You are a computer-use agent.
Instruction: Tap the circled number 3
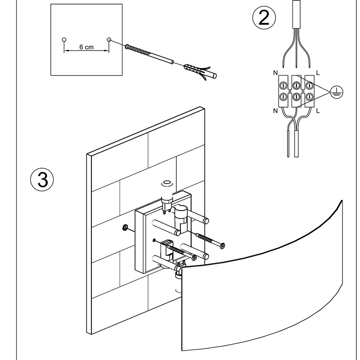tap(41, 180)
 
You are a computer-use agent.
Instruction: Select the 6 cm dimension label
tap(86, 47)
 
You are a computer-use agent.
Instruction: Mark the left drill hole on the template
tap(64, 40)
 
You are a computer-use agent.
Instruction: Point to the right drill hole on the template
tap(108, 40)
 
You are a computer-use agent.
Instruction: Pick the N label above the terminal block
tap(274, 72)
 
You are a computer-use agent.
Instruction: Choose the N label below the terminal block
tap(274, 110)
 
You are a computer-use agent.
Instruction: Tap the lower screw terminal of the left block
tap(284, 96)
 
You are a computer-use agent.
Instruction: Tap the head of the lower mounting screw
tap(194, 258)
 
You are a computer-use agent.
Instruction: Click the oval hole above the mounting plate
tap(167, 183)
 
